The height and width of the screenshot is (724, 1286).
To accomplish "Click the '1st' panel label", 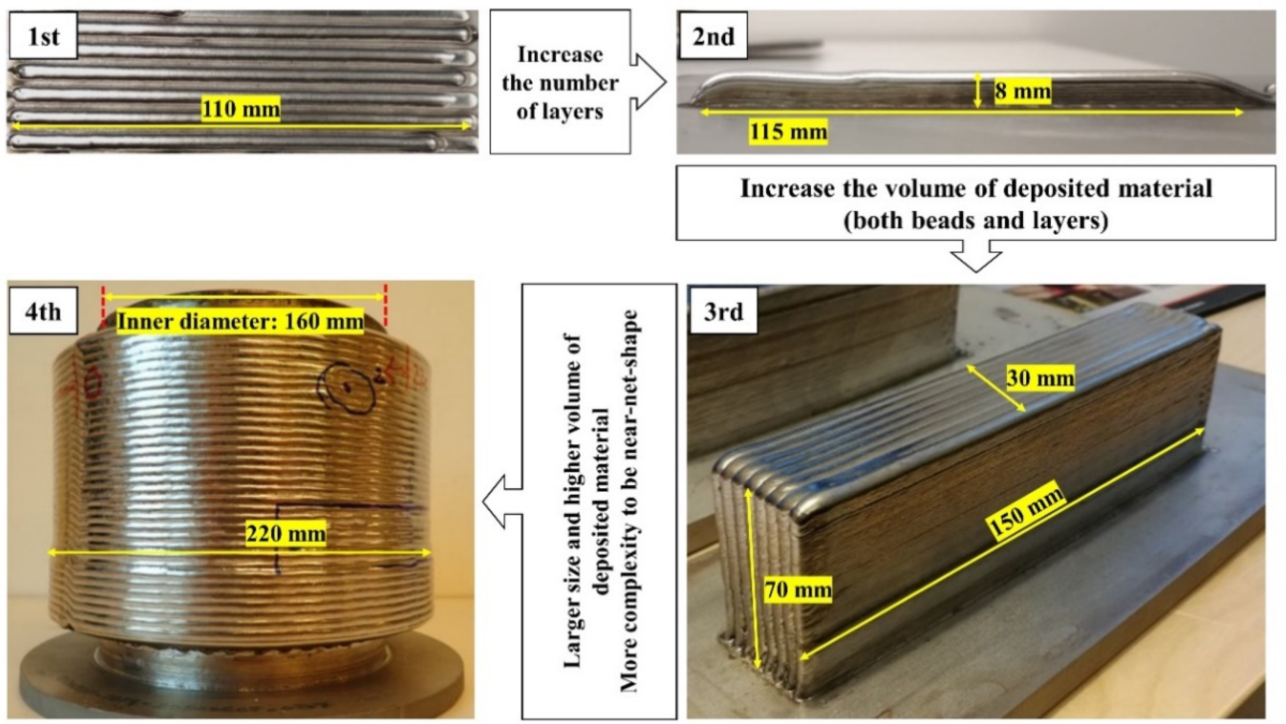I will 43,37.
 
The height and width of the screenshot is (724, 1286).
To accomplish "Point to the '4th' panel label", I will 43,313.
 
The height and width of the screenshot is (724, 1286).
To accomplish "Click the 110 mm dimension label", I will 241,109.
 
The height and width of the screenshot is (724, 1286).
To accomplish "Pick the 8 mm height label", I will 1022,91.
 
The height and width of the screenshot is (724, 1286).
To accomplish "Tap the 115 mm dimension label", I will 788,132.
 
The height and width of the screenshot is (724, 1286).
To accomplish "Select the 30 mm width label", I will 1039,378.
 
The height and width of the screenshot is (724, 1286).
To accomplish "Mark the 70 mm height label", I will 798,590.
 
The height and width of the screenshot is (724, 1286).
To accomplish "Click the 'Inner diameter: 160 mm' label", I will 240,321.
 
